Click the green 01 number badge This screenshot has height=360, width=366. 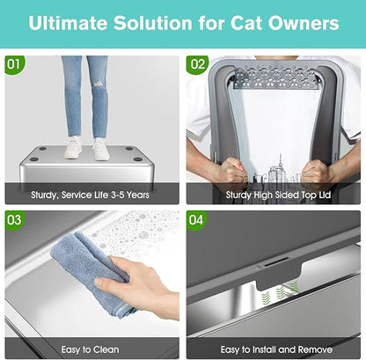14,64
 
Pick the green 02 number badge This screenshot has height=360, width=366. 197,64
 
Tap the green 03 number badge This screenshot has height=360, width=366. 14,217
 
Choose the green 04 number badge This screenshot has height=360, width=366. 197,217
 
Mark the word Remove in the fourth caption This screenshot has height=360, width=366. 315,349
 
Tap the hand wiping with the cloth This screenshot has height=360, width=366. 132,290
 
